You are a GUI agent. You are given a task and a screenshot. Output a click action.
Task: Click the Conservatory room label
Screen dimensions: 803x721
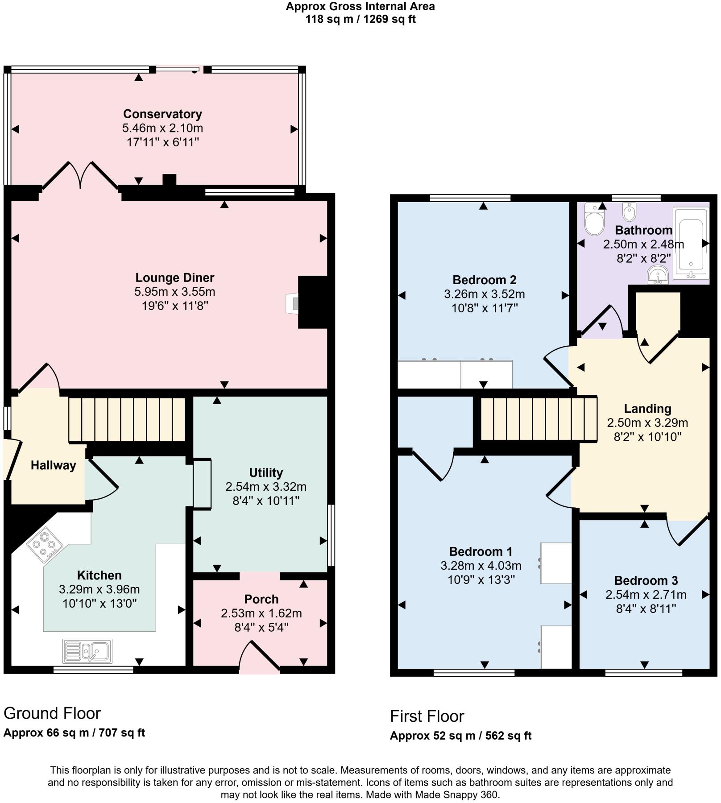coord(162,114)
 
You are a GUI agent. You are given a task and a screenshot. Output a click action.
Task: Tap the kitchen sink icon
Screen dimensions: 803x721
coord(87,651)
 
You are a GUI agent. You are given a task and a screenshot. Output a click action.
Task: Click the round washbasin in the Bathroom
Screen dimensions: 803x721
coord(658,275)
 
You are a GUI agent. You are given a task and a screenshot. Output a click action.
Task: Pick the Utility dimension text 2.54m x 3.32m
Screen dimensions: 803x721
coord(266,487)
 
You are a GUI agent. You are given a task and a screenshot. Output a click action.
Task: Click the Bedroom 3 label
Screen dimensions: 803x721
coord(646,580)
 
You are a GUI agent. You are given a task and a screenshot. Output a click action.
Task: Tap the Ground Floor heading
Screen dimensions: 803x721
coord(52,713)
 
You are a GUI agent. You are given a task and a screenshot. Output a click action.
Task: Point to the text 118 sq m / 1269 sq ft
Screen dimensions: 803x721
coord(360,19)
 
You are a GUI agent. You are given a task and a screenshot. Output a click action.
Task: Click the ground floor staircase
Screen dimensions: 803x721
coord(127,420)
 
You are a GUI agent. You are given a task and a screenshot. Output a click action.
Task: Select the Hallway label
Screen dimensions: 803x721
coord(53,465)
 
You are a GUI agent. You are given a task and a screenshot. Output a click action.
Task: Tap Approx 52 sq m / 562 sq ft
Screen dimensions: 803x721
coord(460,736)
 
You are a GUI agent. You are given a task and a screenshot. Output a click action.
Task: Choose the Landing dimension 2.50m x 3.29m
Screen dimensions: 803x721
coord(647,422)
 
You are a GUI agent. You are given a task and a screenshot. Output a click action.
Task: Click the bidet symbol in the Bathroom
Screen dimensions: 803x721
coord(630,212)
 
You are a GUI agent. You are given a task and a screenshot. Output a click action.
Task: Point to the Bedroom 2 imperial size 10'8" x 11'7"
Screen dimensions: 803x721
coord(484,308)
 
